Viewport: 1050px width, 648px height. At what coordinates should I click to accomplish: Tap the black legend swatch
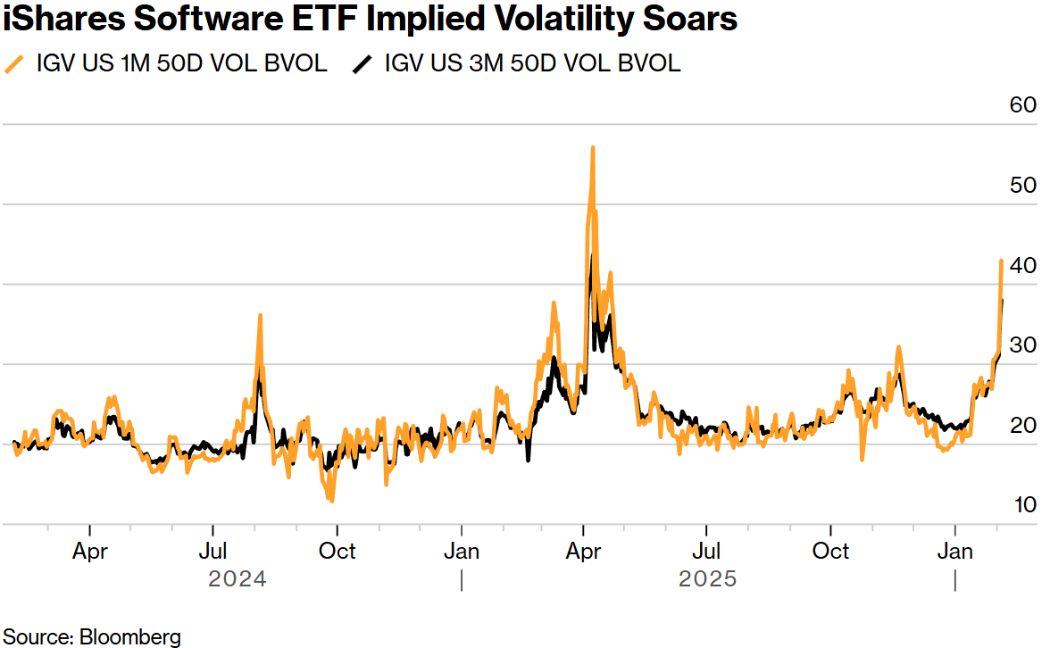(363, 64)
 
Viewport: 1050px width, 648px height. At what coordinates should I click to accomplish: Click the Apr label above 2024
(90, 552)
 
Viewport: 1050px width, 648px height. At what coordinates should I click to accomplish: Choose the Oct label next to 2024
(337, 552)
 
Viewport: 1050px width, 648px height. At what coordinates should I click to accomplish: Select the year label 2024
(237, 579)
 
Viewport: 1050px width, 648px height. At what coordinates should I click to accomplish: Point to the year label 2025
(708, 579)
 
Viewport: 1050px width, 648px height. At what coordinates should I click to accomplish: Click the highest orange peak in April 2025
(592, 148)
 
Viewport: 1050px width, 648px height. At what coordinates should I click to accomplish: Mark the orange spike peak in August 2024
(260, 316)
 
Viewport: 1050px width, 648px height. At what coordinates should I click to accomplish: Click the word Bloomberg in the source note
(130, 637)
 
